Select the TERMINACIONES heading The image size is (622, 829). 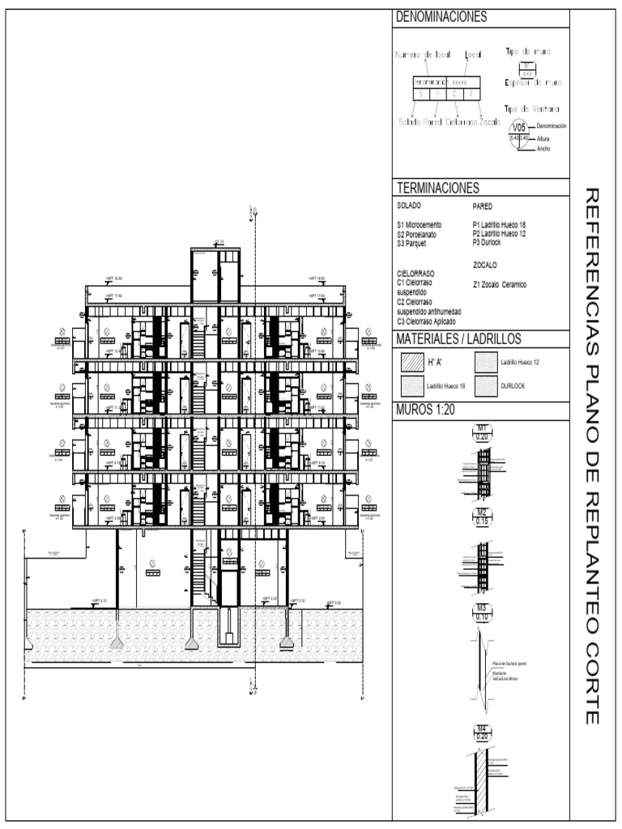click(437, 188)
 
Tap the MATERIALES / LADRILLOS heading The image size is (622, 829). click(458, 338)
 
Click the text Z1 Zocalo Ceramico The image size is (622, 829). click(499, 284)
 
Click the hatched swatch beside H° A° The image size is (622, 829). click(411, 363)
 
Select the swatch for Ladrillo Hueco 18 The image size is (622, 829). click(411, 386)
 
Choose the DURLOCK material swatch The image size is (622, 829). click(486, 386)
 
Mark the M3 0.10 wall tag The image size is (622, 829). click(482, 613)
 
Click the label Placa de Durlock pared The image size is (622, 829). click(509, 662)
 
